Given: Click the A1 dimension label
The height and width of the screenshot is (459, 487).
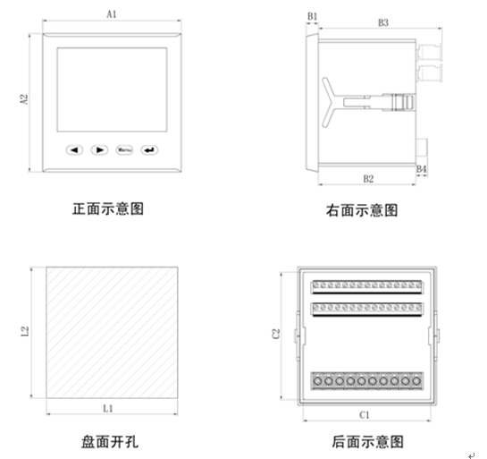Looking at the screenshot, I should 111,15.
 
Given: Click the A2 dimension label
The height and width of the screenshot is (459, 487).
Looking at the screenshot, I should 25,102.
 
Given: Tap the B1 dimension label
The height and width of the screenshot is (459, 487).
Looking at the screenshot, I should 312,16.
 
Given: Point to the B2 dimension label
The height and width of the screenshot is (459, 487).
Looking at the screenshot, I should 368,179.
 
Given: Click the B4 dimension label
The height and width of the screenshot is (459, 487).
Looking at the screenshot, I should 422,168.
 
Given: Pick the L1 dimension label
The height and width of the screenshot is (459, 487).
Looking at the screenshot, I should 107,408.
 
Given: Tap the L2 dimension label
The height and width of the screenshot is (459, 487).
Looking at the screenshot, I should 24,333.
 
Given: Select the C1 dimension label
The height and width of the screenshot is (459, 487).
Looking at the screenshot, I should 364,415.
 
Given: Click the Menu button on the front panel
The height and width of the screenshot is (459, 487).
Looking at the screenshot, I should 123,149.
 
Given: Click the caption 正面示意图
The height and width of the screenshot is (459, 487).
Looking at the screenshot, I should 107,209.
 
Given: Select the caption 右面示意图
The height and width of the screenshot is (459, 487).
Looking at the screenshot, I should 362,211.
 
